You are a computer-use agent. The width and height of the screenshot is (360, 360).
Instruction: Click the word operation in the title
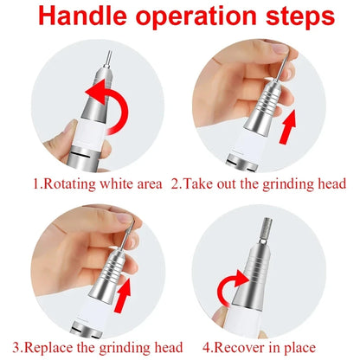(191, 18)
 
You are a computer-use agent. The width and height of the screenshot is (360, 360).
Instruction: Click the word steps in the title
(291, 18)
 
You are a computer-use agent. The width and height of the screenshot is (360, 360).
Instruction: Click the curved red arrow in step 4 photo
(232, 286)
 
